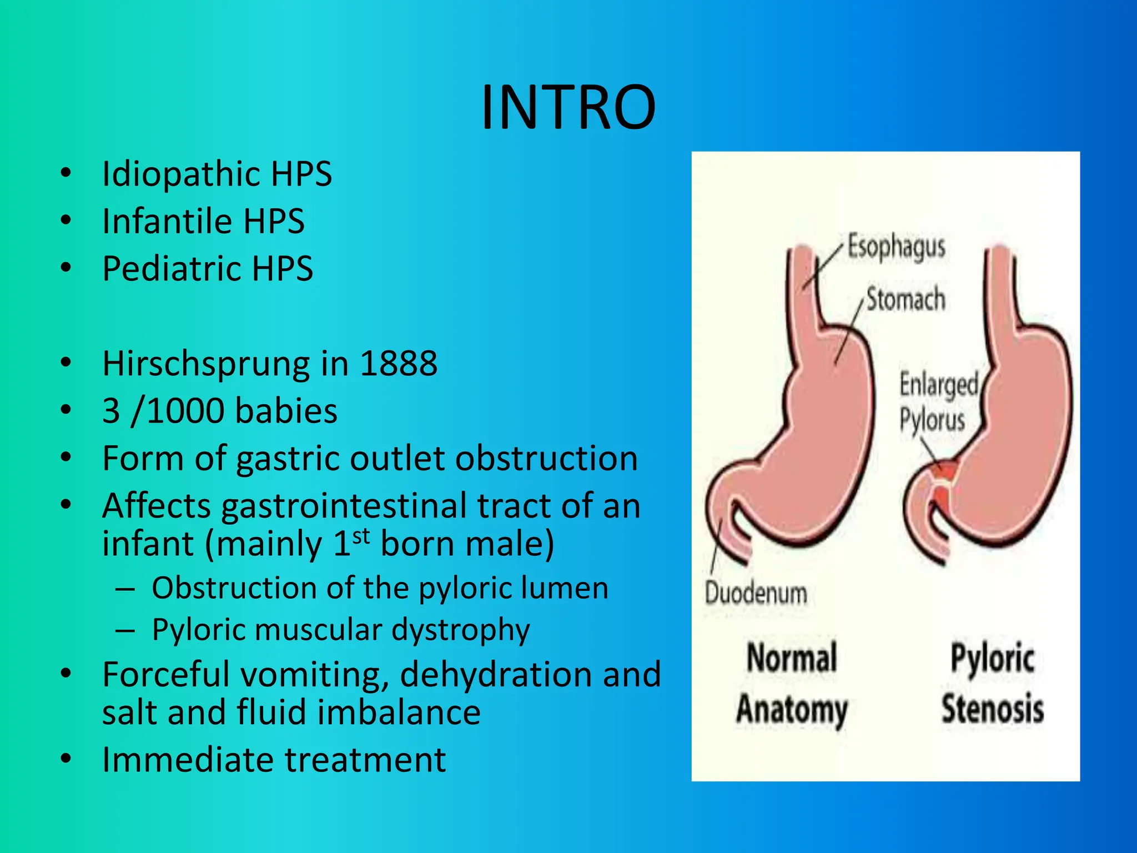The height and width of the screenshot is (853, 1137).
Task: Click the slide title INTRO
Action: (x=568, y=107)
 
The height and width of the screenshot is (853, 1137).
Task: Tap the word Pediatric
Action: (x=170, y=269)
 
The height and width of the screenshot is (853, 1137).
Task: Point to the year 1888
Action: (x=398, y=364)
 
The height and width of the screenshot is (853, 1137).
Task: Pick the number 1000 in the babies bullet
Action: (x=186, y=411)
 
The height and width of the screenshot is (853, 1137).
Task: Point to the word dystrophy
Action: (x=460, y=630)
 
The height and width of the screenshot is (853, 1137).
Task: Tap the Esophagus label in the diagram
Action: (x=895, y=247)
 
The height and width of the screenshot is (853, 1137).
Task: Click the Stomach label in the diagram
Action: (x=905, y=299)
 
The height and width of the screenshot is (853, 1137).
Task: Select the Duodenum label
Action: (x=756, y=593)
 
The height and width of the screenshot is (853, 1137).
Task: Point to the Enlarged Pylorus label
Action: (x=938, y=402)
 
